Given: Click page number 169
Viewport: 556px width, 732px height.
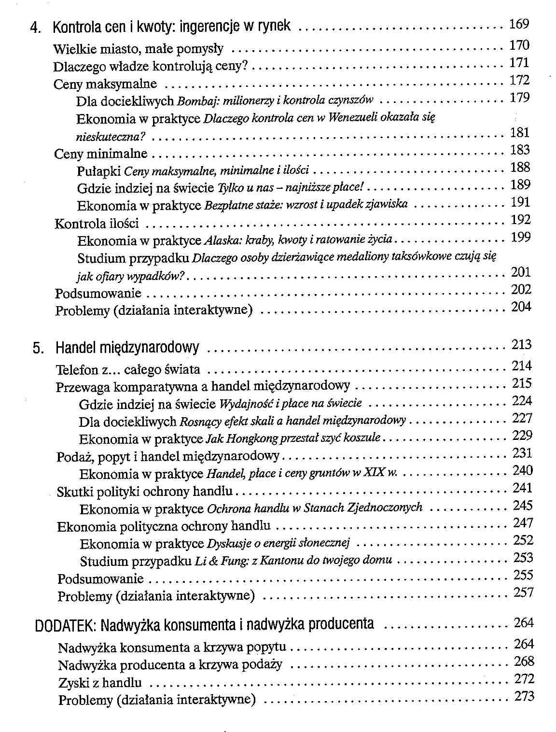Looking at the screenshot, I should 519,24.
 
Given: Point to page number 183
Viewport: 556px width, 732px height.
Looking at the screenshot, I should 520,150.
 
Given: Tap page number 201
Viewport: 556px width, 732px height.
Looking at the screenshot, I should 521,272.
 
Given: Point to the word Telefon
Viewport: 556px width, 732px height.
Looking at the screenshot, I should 77,370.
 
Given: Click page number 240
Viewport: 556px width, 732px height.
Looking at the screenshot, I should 522,471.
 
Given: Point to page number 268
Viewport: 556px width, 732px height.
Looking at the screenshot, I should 524,662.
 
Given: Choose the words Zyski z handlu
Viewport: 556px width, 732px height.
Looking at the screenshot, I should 100,683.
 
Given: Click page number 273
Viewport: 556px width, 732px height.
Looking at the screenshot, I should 524,696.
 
